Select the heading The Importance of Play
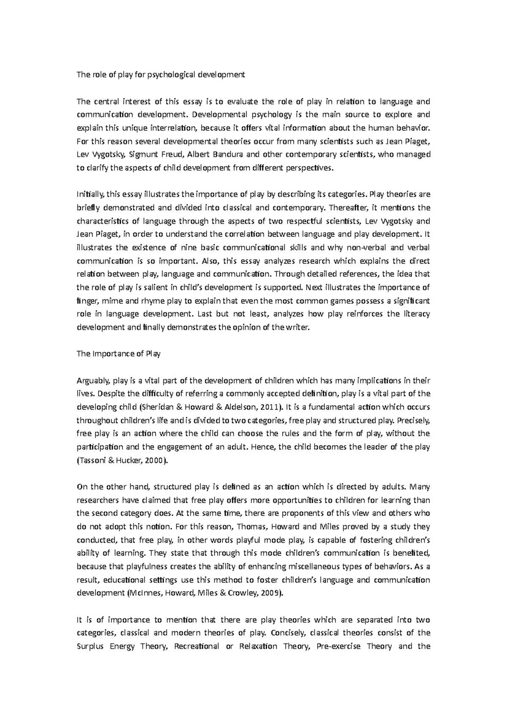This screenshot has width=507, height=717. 118,354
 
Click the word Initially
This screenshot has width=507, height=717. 90,194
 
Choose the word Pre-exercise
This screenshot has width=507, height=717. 338,646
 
